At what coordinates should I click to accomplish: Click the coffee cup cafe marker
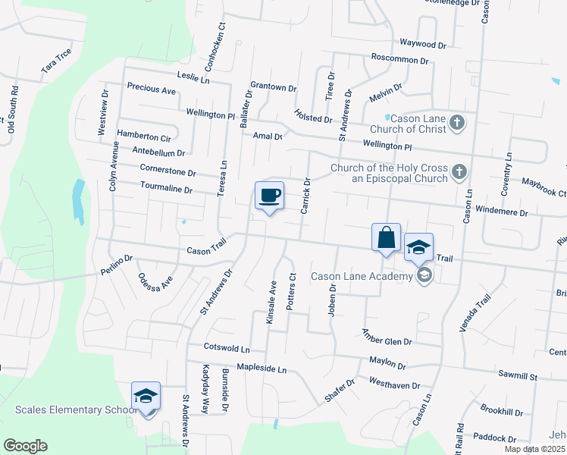point(269,196)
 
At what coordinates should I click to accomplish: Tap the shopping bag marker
point(386,237)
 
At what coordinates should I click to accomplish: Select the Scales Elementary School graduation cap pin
point(146,396)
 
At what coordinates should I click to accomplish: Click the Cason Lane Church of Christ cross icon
point(457,122)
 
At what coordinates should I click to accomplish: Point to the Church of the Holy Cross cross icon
point(458,173)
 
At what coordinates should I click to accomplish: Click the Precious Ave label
point(152,89)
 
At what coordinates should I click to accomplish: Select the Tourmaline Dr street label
point(166,187)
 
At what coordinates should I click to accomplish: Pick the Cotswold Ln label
point(227,348)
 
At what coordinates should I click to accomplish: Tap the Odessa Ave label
point(156,288)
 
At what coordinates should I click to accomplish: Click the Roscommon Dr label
point(399,59)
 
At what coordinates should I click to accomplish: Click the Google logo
point(25,446)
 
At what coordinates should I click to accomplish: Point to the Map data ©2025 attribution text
point(534,449)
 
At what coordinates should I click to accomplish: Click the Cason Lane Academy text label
point(360,277)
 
